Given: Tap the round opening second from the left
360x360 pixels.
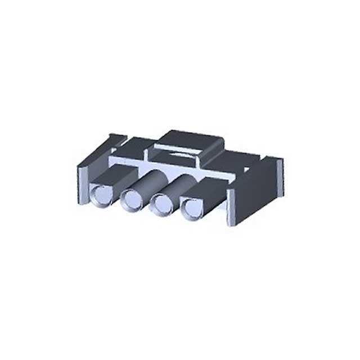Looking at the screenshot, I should pyautogui.click(x=132, y=199).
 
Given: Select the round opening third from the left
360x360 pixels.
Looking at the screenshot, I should pyautogui.click(x=163, y=203).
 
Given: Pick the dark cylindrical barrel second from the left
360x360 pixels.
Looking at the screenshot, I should pyautogui.click(x=149, y=182).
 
